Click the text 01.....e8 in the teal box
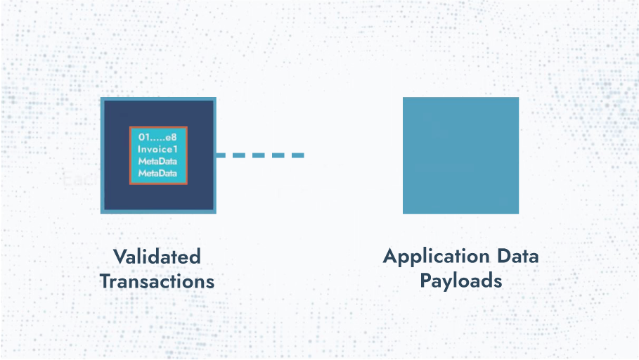(x=157, y=137)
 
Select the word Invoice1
(x=157, y=149)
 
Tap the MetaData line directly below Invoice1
(x=157, y=161)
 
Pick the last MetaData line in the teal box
(x=157, y=173)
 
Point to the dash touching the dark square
(x=221, y=155)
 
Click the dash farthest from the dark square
(x=298, y=155)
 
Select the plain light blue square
(x=461, y=155)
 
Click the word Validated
(x=157, y=257)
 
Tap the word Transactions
(x=157, y=281)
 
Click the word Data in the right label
(x=518, y=256)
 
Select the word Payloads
(x=461, y=282)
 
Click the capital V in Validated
(x=120, y=257)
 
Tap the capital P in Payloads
(x=426, y=281)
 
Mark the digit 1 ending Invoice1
(x=175, y=149)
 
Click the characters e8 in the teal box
(x=171, y=137)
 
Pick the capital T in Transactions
(x=106, y=281)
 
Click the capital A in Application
(x=391, y=256)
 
